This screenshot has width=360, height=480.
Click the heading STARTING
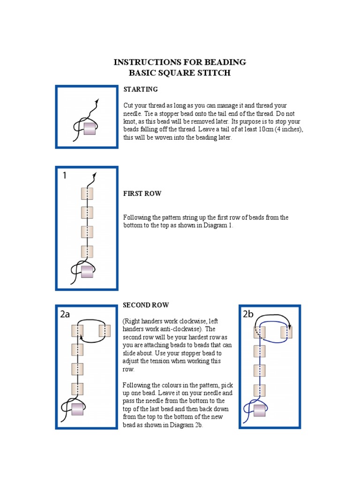tap(140, 89)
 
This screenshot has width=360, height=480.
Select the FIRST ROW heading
tap(142, 193)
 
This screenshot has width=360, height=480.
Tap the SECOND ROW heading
tap(146, 305)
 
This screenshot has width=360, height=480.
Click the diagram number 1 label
tap(65, 176)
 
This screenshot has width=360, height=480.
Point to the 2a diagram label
tap(65, 315)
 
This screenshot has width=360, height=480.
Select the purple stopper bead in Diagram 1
tap(87, 271)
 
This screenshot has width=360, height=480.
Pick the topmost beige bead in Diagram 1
tap(87, 194)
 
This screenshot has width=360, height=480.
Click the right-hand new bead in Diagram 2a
tap(105, 331)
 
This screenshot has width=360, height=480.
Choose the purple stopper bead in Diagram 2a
tap(77, 409)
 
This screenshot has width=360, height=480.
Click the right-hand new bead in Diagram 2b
tap(286, 332)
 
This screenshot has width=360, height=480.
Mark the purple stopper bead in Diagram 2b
tap(260, 411)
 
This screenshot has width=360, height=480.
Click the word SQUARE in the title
tap(176, 73)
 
